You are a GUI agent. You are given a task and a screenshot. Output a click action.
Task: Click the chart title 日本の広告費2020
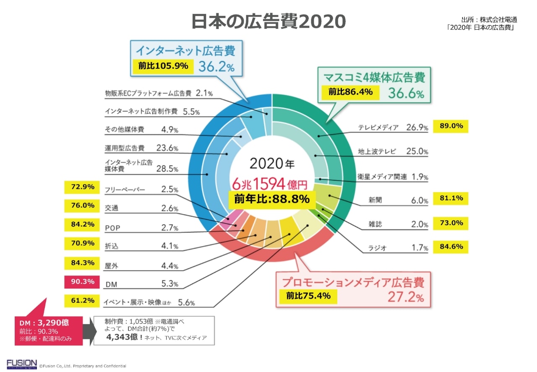click(x=268, y=21)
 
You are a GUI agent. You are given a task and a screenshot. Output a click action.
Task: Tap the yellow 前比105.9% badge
click(x=163, y=66)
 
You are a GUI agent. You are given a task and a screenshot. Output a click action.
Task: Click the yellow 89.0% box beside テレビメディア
click(x=451, y=126)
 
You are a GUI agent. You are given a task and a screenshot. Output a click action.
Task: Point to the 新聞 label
click(x=373, y=200)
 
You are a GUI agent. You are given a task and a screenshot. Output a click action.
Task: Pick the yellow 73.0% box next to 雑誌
click(x=451, y=223)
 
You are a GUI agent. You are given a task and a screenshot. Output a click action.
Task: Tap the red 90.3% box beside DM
click(x=82, y=282)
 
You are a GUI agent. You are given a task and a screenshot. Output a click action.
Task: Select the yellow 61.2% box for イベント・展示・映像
click(x=82, y=300)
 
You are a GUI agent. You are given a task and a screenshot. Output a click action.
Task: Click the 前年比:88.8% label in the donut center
click(x=272, y=199)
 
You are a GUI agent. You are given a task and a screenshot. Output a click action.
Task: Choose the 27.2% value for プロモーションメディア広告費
click(x=406, y=298)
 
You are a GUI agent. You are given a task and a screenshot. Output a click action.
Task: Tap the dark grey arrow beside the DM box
click(x=87, y=330)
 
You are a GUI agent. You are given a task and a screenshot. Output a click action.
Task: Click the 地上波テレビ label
click(x=377, y=151)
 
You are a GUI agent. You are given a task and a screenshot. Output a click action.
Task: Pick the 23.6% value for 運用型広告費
click(x=169, y=148)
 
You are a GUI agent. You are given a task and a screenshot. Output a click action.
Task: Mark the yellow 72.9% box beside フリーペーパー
click(x=82, y=187)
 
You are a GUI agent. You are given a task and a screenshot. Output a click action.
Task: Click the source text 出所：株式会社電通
click(x=489, y=20)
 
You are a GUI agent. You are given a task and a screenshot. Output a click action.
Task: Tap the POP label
click(x=112, y=228)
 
